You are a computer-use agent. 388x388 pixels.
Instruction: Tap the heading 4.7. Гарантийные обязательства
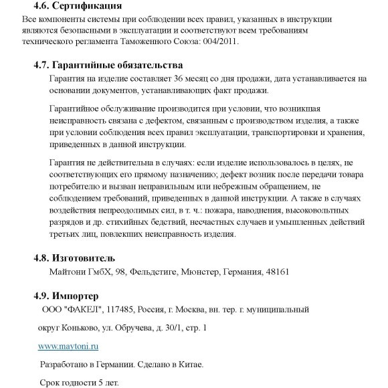pos(108,66)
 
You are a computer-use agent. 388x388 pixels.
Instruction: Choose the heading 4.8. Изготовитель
pos(74,258)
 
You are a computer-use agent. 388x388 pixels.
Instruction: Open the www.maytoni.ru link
pos(68,347)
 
